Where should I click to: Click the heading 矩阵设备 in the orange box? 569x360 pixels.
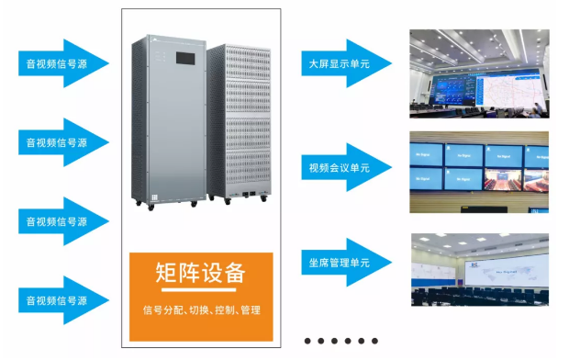point(200,274)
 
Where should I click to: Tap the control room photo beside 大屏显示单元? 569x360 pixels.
point(478,73)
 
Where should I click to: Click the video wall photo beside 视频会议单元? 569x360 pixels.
point(478,173)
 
